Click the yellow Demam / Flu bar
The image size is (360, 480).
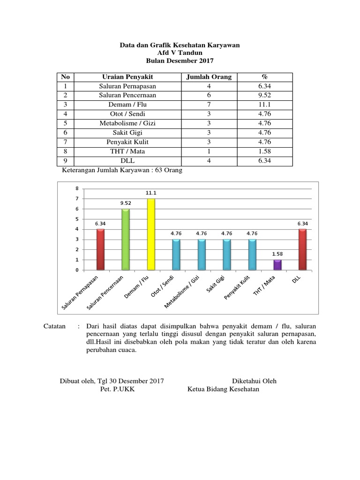coord(151,234)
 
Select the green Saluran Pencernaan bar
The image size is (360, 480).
coord(126,240)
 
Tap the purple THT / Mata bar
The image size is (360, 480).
coord(277,265)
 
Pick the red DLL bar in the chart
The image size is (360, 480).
coord(303,249)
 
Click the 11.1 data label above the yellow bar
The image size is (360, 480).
coord(151,193)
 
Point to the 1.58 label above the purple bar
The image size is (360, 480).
coord(277,254)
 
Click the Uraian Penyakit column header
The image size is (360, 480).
coord(127,77)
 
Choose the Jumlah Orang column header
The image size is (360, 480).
coord(209,77)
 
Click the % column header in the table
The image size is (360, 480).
coord(265,77)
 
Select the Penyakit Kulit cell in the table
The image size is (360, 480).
coord(127,142)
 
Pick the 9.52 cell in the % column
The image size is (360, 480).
coord(265,95)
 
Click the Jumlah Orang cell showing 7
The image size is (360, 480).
coord(209,105)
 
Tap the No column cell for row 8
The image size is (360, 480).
coord(66,151)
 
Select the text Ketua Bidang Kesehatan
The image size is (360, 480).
coord(223,390)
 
